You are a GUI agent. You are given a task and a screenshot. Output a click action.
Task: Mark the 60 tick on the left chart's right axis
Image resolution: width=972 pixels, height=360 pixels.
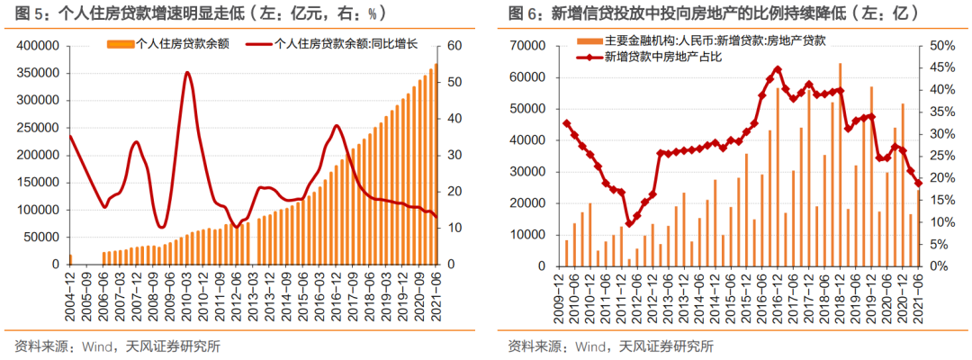[454, 46]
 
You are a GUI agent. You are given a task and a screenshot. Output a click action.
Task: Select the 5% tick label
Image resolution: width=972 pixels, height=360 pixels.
[939, 244]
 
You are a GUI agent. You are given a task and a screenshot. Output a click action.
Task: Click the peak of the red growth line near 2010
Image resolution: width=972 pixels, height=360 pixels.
[187, 73]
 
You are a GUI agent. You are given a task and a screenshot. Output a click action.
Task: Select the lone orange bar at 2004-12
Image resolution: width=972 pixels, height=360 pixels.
[70, 259]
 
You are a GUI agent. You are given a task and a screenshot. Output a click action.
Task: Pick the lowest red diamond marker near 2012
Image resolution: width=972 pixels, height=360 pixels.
[628, 223]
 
